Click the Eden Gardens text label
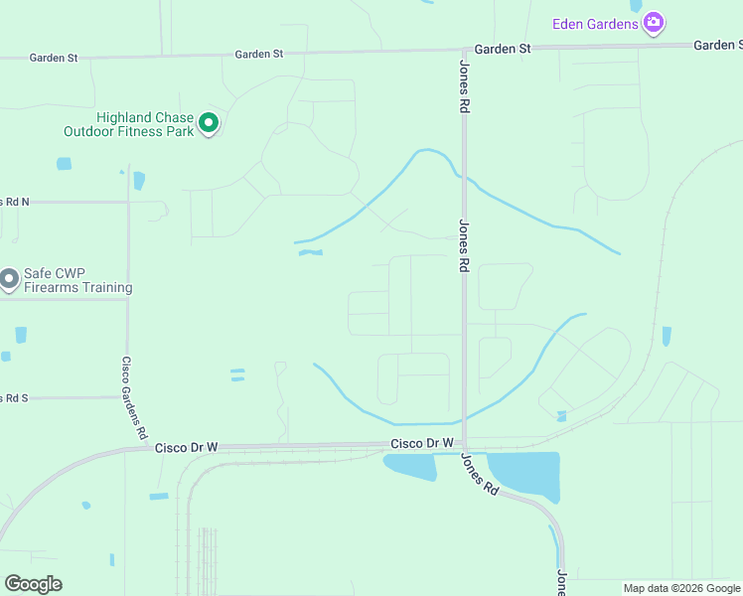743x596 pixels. (x=596, y=23)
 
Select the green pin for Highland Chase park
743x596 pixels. (x=209, y=123)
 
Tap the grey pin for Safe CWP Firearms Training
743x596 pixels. (x=9, y=279)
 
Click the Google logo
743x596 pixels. (x=33, y=584)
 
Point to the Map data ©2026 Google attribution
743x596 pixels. (x=682, y=588)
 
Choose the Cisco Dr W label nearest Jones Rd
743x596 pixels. (x=421, y=443)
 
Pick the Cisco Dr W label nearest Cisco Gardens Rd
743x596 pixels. (x=186, y=448)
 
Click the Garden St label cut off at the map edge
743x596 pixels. (x=717, y=45)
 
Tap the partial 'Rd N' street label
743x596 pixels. (x=15, y=201)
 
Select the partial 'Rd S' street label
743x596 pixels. (x=14, y=397)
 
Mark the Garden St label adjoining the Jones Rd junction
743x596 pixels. (x=502, y=48)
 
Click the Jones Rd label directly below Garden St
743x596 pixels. (x=464, y=87)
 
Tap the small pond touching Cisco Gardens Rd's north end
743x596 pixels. (x=138, y=180)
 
